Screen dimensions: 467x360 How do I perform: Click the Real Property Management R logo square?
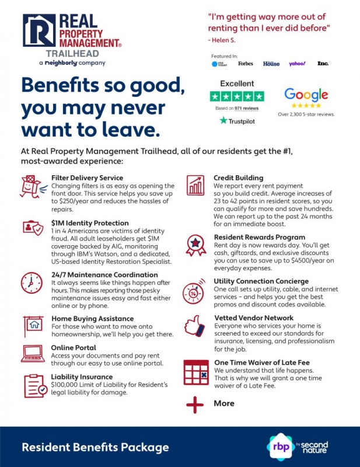point(39,30)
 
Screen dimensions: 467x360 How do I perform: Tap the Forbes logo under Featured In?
point(245,63)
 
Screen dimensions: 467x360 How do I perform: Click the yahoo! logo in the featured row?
point(297,63)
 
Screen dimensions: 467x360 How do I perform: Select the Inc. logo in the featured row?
point(323,63)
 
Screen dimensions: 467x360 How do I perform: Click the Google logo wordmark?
point(306,94)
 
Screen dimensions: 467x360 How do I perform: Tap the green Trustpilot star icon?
point(223,121)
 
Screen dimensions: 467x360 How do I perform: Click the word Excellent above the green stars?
point(237,83)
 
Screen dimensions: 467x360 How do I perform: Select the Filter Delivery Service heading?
point(87,177)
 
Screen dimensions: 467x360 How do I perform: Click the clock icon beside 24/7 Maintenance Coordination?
point(32,283)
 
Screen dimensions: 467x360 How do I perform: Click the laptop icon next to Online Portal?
point(32,352)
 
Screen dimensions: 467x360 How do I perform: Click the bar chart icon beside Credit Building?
point(195,186)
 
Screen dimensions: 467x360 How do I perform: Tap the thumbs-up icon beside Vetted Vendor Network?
point(195,326)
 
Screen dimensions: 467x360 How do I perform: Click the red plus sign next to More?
point(195,404)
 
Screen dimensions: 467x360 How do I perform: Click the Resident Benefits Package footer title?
point(95,448)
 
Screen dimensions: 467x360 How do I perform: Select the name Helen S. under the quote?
point(222,40)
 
